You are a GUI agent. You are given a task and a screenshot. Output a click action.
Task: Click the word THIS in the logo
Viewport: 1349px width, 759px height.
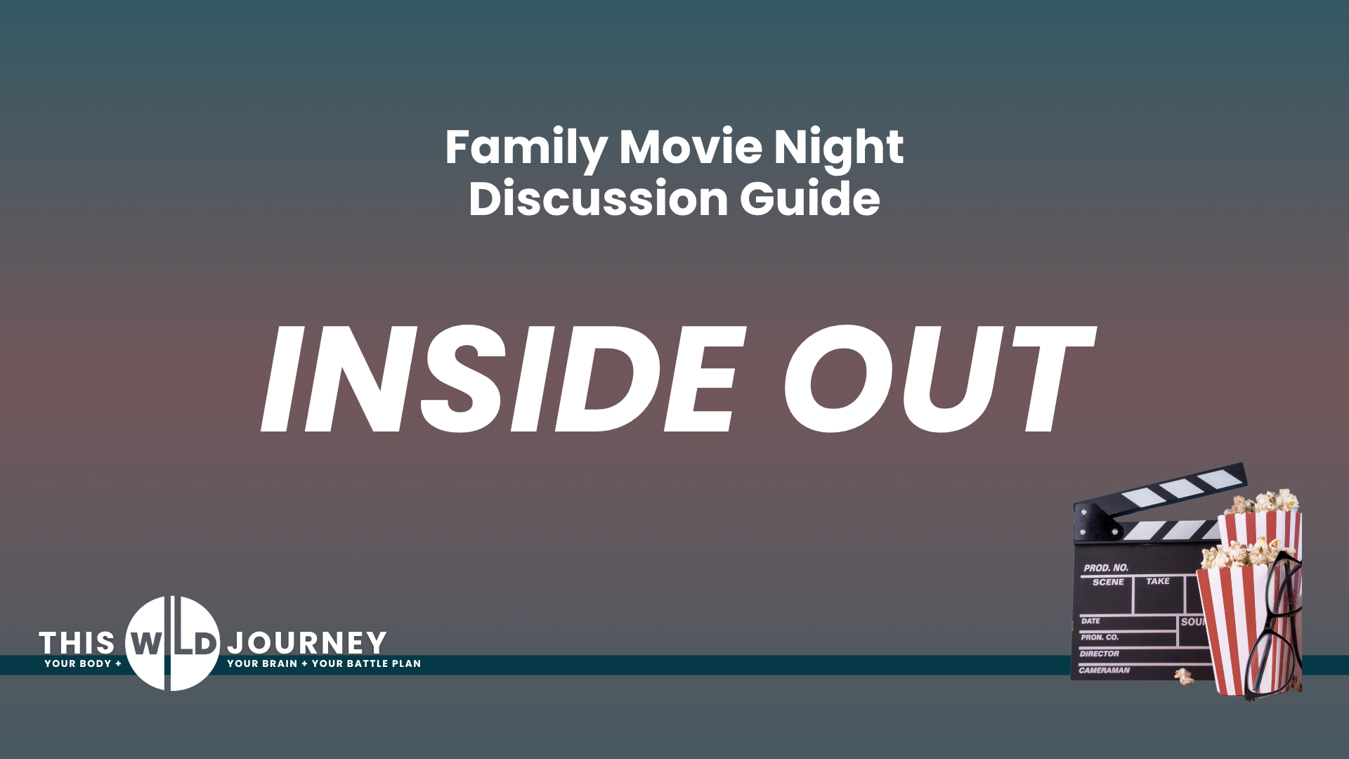[x=77, y=643]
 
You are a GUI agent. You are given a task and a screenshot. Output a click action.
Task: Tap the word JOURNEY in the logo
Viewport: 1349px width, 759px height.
[x=307, y=643]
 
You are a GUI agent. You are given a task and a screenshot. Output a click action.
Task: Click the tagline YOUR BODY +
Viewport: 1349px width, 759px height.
[x=83, y=663]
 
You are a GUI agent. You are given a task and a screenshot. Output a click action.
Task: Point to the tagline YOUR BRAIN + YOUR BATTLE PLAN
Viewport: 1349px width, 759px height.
[x=324, y=663]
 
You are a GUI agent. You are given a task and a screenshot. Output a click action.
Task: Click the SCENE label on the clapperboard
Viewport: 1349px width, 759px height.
[x=1108, y=582]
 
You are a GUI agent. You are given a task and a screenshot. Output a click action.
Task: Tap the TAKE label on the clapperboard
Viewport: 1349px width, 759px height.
[x=1158, y=581]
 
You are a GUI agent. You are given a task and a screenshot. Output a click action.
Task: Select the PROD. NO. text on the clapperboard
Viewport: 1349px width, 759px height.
[x=1106, y=567]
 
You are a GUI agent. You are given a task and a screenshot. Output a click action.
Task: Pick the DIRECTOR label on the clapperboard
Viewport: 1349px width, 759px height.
[x=1100, y=654]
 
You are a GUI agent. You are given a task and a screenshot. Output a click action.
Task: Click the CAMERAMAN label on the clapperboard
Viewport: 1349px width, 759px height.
[x=1104, y=670]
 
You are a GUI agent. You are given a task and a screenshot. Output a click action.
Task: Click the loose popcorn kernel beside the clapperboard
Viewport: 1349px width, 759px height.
[x=1185, y=677]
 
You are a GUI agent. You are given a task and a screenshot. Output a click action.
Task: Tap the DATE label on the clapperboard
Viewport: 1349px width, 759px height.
[x=1090, y=621]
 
